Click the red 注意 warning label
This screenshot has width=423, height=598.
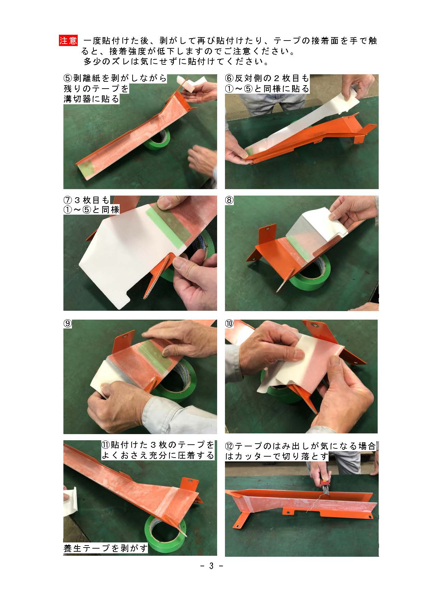(69, 41)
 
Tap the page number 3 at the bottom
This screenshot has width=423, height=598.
(211, 566)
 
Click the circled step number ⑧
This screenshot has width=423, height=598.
(230, 201)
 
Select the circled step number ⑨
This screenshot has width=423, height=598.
(68, 324)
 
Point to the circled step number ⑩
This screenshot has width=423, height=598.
(229, 324)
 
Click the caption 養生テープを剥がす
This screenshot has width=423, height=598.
(106, 548)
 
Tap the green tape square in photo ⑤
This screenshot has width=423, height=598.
(88, 167)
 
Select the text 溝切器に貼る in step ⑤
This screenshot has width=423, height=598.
(92, 99)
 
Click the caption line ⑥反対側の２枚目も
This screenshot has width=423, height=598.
(267, 78)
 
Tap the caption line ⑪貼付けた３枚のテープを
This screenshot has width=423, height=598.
(158, 445)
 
